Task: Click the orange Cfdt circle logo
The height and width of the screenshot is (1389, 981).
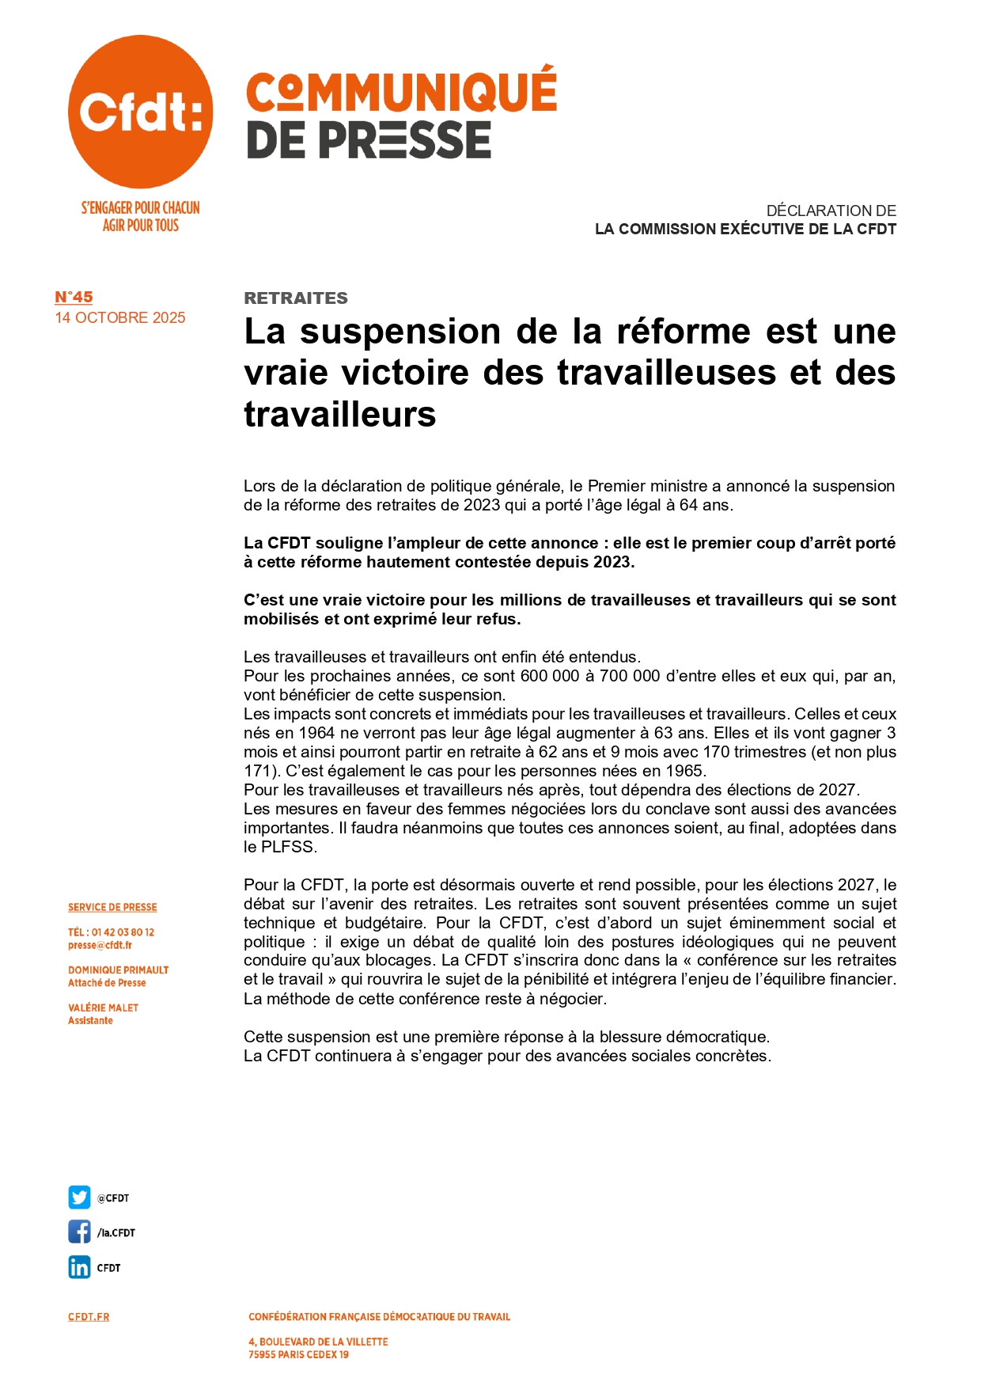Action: [x=140, y=112]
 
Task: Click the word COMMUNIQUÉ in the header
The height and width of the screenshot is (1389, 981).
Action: [x=401, y=92]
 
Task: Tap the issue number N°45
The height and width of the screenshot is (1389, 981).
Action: [x=74, y=297]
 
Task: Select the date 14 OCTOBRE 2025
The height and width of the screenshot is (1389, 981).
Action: [x=120, y=317]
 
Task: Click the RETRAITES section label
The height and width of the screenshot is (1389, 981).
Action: [x=296, y=298]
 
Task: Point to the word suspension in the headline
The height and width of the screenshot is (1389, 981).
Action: [x=400, y=331]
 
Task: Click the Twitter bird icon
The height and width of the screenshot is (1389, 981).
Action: [x=79, y=1197]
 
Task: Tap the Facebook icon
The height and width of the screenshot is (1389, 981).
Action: [x=79, y=1232]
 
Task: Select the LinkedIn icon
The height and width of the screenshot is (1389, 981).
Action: [x=79, y=1267]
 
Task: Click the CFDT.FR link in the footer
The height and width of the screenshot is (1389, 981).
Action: [x=89, y=1317]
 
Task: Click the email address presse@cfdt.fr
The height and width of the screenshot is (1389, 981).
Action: [x=100, y=945]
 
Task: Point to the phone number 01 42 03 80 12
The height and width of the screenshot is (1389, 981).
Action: [x=123, y=932]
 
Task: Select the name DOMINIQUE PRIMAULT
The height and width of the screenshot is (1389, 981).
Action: [x=118, y=970]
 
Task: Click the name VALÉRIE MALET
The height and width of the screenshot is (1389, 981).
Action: [x=103, y=1008]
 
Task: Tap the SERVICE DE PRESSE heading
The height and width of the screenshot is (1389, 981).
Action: [x=112, y=907]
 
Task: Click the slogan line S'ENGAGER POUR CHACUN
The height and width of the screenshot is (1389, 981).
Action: [x=140, y=208]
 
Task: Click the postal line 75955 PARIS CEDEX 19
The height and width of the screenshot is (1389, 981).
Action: [x=298, y=1354]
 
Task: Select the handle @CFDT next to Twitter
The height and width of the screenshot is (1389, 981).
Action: [x=113, y=1198]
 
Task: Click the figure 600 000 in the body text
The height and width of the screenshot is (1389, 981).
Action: [x=550, y=676]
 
